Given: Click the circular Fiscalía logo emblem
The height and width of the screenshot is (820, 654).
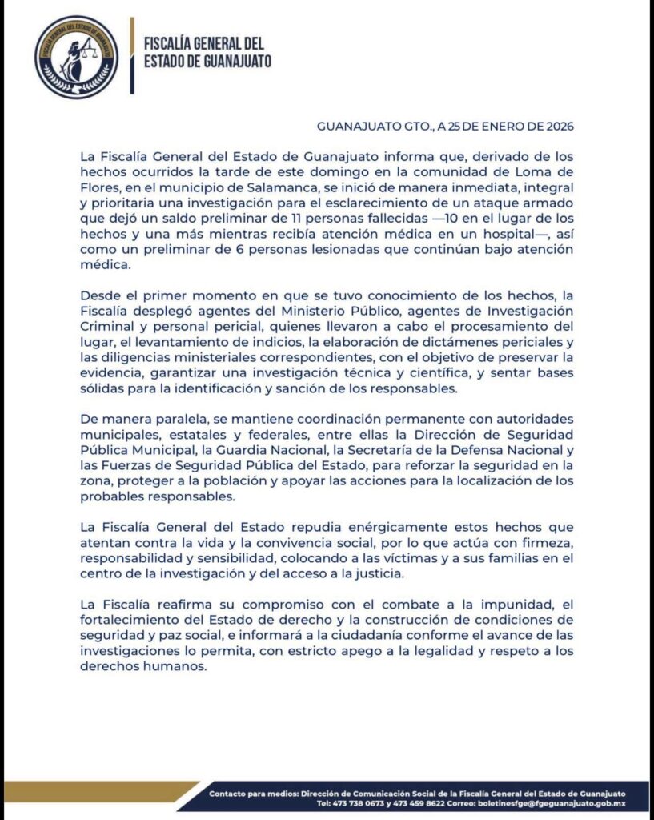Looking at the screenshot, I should coord(76,56).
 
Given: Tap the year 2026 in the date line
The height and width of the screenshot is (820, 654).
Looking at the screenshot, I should coord(556,126).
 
